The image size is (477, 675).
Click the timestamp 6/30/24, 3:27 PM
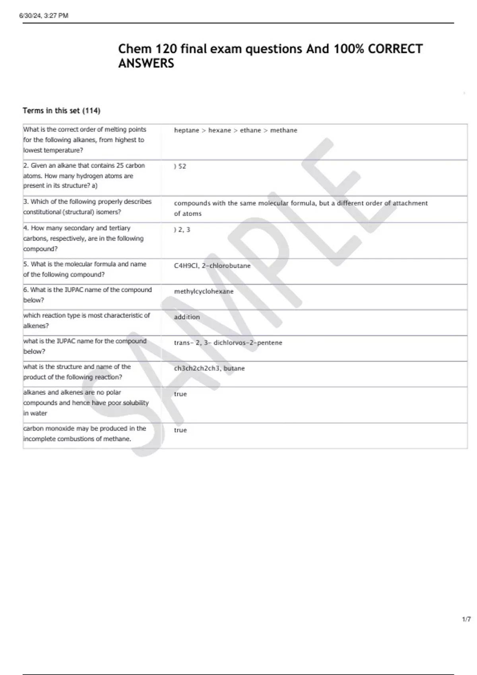click(x=44, y=15)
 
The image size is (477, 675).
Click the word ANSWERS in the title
click(x=146, y=63)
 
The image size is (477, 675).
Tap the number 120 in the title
click(x=165, y=49)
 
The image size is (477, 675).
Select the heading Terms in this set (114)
click(x=61, y=111)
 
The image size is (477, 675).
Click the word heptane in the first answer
click(x=186, y=130)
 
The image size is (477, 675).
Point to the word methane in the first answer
click(x=283, y=130)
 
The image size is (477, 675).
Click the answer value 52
click(x=182, y=166)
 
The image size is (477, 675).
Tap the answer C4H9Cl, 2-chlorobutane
click(x=212, y=266)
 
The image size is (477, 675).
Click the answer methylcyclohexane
click(x=204, y=291)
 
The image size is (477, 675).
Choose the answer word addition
click(x=187, y=317)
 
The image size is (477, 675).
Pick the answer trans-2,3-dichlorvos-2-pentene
click(x=228, y=343)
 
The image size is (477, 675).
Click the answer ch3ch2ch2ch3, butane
click(x=209, y=368)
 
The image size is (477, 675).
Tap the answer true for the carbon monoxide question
click(x=180, y=430)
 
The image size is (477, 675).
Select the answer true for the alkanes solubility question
click(x=180, y=394)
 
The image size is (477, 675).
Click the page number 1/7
click(x=466, y=619)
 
